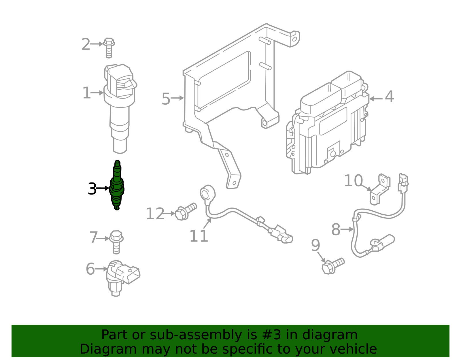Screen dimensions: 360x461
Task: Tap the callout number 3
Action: tap(92, 189)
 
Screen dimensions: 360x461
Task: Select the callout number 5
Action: tap(166, 99)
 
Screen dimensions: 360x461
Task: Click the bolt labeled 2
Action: tap(109, 47)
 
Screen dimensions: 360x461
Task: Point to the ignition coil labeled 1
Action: tap(120, 107)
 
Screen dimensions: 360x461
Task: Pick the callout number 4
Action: tap(389, 97)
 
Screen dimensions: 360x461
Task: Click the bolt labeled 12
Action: tap(186, 212)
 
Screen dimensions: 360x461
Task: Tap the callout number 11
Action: tap(199, 236)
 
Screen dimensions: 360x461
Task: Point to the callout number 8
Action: tap(336, 230)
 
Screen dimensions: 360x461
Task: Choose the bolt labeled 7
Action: tap(116, 242)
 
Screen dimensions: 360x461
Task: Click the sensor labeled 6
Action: tap(121, 277)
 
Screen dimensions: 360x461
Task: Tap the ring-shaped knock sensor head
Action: tap(207, 193)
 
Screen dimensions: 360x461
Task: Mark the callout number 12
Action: tap(155, 214)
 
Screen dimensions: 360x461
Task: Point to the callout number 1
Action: tap(86, 93)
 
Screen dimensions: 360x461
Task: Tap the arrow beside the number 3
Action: tap(103, 188)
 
